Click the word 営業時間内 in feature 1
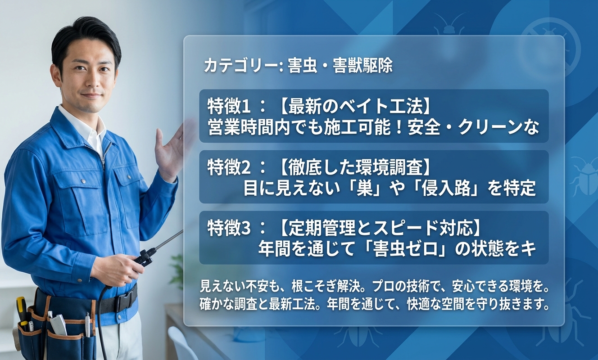(247, 127)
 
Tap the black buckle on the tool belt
(126, 301)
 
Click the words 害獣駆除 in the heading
(362, 66)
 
